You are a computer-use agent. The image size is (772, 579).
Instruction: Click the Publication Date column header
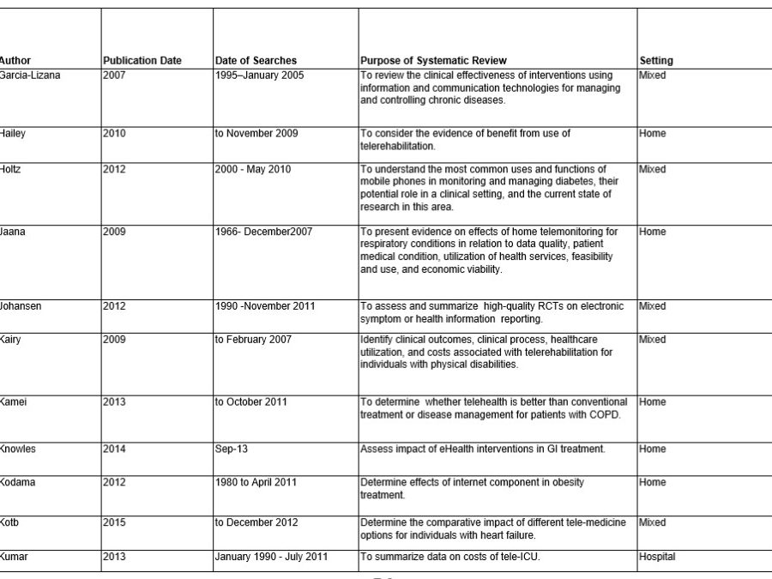click(x=142, y=61)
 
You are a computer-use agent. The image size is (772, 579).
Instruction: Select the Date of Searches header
click(x=256, y=61)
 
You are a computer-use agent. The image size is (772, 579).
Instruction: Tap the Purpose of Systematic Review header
click(x=433, y=61)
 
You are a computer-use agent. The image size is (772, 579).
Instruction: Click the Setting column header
click(x=656, y=61)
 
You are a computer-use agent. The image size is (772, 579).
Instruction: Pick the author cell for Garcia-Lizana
click(x=30, y=75)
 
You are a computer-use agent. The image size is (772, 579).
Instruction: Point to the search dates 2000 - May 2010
click(x=253, y=170)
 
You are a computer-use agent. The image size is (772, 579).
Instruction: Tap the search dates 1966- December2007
click(x=264, y=232)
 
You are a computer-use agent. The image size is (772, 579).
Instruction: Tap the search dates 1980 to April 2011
click(x=256, y=482)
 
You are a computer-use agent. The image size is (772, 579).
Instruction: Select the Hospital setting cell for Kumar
click(x=657, y=557)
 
